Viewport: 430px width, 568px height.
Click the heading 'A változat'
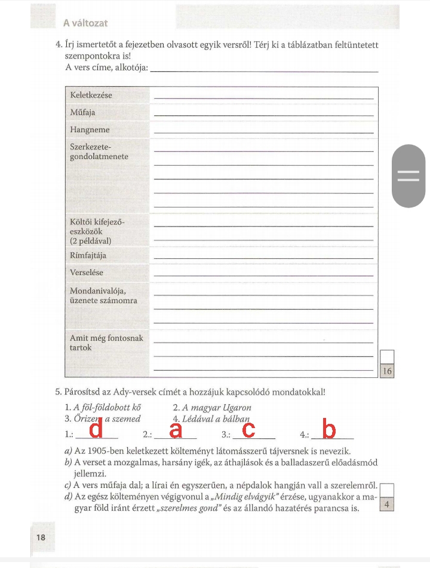(85, 23)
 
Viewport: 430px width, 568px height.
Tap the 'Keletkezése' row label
(91, 95)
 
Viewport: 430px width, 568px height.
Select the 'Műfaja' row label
(82, 112)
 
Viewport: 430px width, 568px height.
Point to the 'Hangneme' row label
(90, 130)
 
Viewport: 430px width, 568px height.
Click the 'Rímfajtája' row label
(88, 255)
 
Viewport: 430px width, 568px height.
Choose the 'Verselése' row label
(87, 273)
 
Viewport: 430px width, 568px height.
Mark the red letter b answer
(328, 429)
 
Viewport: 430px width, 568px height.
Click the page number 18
(41, 537)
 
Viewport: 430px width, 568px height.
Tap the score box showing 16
(386, 371)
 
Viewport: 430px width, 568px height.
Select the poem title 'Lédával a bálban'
(215, 419)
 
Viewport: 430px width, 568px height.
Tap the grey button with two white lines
(408, 176)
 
